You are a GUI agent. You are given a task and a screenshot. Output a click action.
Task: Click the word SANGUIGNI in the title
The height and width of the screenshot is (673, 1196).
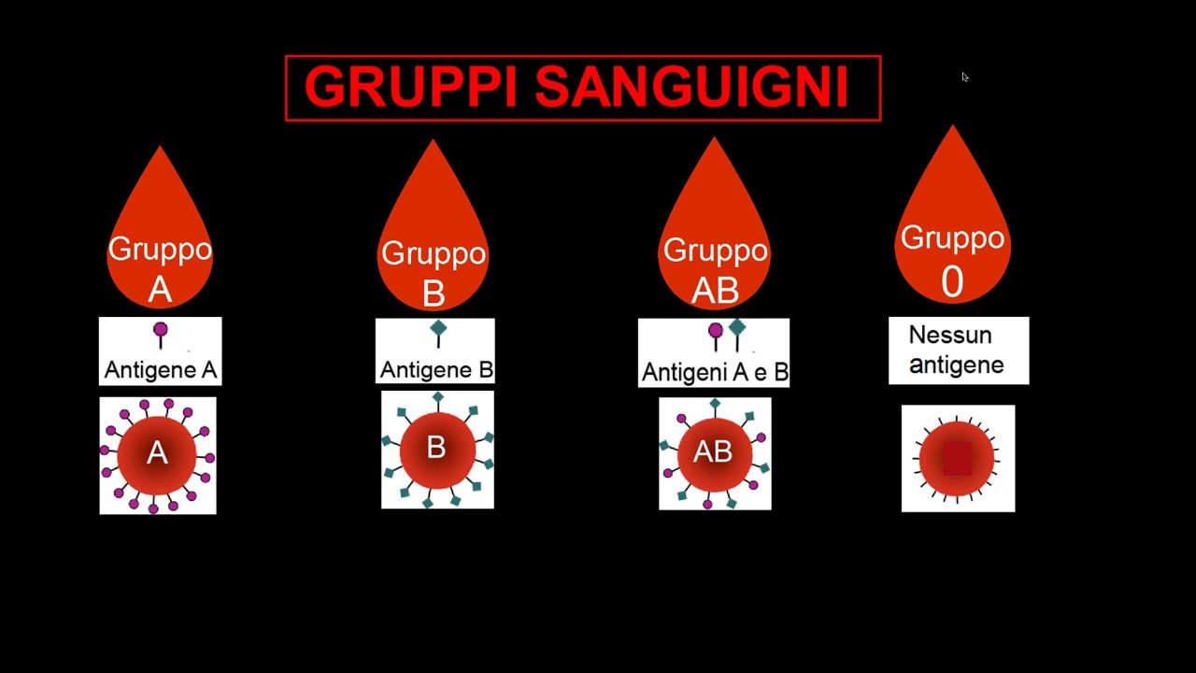pos(691,88)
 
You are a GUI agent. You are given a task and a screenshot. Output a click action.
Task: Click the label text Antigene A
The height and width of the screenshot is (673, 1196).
pos(161,370)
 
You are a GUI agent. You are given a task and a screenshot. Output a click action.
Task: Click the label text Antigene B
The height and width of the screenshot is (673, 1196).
pos(436,370)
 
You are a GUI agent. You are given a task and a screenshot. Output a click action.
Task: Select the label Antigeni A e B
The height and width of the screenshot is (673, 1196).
pos(715,373)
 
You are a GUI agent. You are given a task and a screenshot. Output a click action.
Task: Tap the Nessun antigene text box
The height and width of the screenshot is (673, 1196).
pos(958,351)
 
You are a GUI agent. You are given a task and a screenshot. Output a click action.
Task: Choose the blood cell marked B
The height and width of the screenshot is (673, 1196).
pos(436,450)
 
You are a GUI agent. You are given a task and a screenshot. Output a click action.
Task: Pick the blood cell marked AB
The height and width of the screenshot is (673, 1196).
pos(714,453)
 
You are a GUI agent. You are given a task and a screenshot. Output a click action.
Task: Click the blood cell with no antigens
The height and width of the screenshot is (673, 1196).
pos(958,458)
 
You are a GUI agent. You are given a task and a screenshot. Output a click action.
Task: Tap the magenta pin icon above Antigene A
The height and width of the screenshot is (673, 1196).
pos(161,331)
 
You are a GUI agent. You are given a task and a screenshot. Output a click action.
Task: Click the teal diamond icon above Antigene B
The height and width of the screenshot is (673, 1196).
pos(438,329)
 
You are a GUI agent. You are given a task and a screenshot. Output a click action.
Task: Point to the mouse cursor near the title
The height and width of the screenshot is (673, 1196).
pos(964,78)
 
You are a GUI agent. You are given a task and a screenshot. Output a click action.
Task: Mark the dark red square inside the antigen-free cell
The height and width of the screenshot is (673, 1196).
pos(958,459)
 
